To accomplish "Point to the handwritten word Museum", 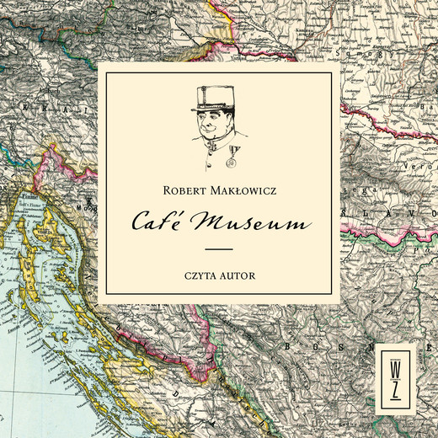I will pos(254,222).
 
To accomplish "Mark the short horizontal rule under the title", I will pos(219,250).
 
